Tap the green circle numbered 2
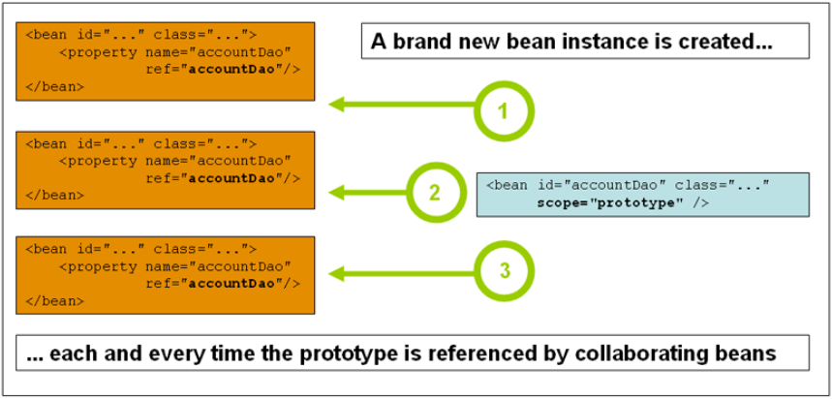coord(435,190)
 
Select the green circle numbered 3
coord(504,270)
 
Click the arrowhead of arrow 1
coord(336,103)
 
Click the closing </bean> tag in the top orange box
coord(55,86)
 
